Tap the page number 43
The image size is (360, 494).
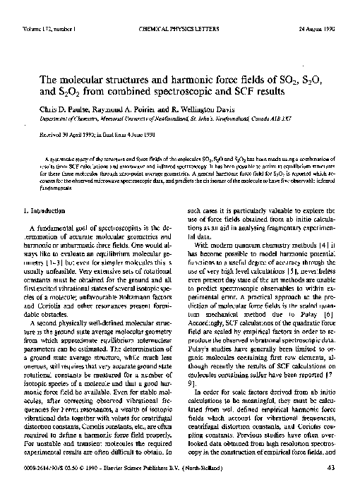tap(330, 486)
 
